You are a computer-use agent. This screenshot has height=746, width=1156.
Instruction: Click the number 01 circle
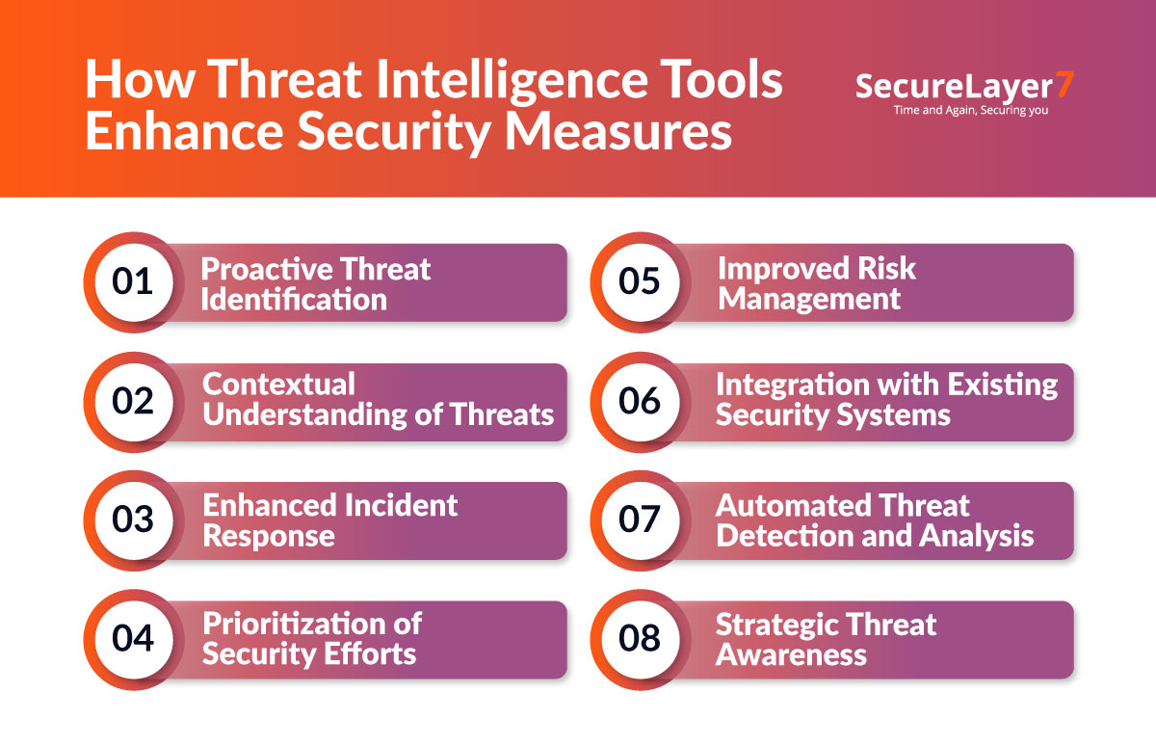133,282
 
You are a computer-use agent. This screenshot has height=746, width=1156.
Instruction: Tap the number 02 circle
133,402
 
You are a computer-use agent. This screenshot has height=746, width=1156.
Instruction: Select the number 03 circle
133,520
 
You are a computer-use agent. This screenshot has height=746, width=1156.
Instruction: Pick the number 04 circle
133,639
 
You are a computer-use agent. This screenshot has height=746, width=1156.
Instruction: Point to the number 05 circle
640,282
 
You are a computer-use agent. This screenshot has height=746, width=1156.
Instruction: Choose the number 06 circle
640,402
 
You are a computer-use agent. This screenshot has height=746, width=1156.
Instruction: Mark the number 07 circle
640,520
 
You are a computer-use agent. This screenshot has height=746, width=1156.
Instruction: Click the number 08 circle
640,639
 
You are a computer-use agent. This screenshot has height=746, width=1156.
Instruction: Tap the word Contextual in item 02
278,385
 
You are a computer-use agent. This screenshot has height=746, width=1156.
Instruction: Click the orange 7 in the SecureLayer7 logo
1064,85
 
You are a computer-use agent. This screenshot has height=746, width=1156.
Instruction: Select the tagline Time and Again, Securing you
964,110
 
